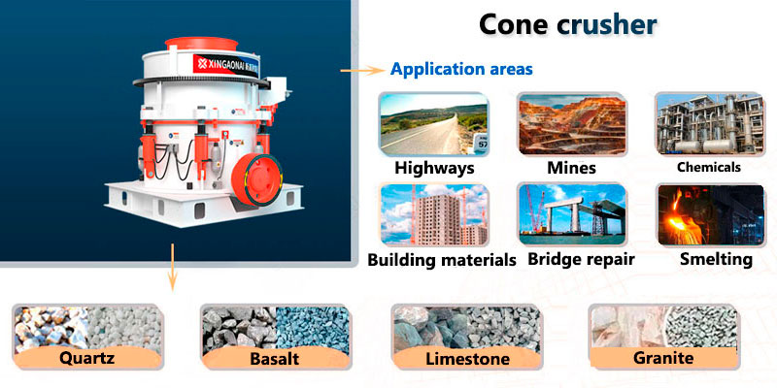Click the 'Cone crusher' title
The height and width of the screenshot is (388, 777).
coord(567,25)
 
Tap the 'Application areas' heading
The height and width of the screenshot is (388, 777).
coord(461,70)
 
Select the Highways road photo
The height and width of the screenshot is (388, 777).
coord(434,124)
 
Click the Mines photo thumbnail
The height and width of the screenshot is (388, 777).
coord(571,124)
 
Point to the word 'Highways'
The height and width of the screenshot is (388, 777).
coord(434,168)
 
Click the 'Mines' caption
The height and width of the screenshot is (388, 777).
coord(571,168)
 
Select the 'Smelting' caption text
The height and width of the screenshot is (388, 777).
coord(716,259)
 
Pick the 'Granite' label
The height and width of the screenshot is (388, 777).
coord(661,358)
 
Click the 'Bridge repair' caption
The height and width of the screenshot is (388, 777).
coord(581,259)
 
